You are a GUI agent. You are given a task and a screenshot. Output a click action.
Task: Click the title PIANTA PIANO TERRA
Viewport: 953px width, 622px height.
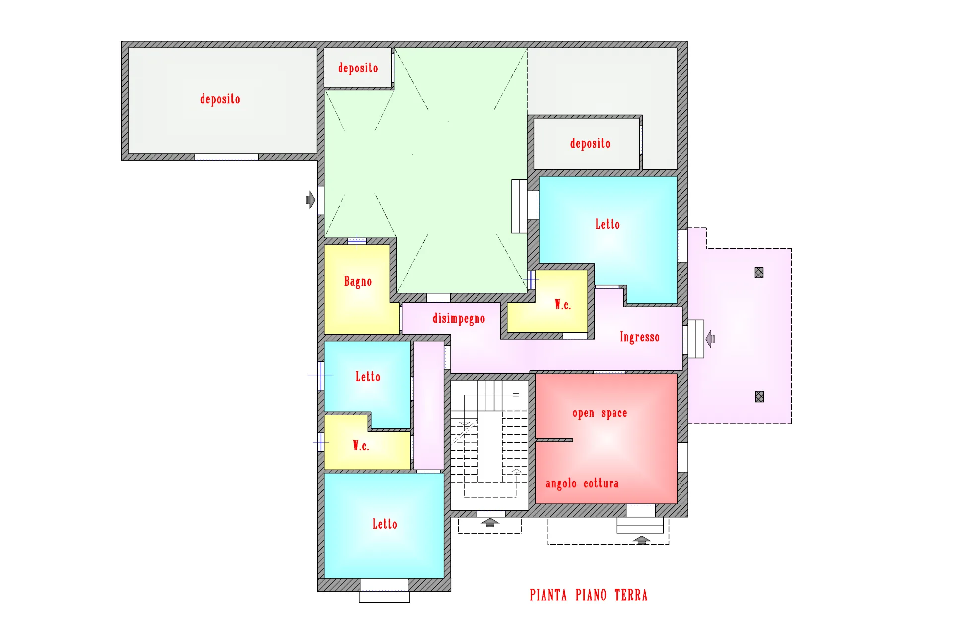click(588, 595)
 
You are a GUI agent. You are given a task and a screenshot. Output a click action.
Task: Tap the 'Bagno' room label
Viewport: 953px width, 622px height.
click(358, 281)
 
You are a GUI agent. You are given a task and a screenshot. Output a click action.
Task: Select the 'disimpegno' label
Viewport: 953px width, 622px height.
click(459, 318)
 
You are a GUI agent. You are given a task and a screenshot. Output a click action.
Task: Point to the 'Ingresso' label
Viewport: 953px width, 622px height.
click(639, 337)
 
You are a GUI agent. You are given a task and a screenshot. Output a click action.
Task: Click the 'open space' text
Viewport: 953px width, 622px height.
click(600, 413)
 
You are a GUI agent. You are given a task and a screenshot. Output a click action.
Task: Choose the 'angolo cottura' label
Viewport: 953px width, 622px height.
click(582, 484)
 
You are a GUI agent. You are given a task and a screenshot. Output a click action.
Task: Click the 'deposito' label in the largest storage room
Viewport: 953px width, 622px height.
click(220, 99)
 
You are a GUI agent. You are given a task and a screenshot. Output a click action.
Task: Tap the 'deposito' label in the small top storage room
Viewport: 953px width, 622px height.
click(358, 68)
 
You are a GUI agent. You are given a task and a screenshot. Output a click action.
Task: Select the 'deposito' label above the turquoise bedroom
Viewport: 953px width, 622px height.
click(590, 143)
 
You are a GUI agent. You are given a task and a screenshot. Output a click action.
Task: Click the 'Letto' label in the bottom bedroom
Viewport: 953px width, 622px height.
click(385, 524)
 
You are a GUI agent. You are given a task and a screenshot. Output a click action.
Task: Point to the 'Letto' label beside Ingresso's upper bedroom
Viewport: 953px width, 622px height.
click(608, 224)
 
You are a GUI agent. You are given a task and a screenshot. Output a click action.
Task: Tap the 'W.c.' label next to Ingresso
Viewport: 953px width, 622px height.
click(563, 304)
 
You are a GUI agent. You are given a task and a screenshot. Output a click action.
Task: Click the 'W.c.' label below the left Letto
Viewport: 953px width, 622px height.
click(361, 445)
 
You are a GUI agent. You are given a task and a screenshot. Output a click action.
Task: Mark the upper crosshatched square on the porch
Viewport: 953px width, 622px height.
click(759, 273)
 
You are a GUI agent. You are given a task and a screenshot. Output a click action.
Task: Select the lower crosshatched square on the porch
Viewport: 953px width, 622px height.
click(759, 396)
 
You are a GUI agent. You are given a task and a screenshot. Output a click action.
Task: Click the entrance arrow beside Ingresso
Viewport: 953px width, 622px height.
click(710, 339)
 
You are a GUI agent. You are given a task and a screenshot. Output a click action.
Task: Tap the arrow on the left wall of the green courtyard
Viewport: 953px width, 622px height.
click(310, 200)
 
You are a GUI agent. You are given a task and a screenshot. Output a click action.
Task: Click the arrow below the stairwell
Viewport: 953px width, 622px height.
click(490, 522)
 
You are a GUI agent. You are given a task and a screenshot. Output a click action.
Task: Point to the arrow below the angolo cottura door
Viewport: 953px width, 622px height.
click(641, 540)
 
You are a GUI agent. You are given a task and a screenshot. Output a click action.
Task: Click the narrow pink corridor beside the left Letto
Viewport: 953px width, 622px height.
click(429, 405)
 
